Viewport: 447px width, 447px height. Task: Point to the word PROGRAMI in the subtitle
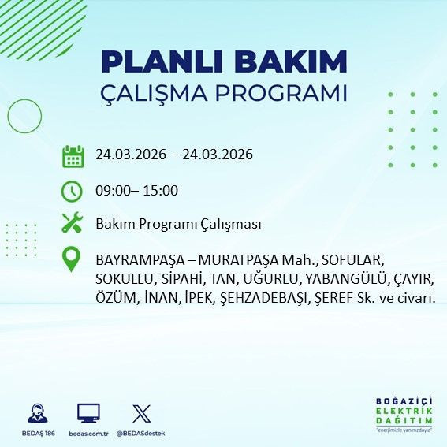click(283, 93)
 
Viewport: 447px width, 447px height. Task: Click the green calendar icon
click(73, 155)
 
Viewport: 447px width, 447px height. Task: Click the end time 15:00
click(161, 190)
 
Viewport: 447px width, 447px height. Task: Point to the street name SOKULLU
click(123, 279)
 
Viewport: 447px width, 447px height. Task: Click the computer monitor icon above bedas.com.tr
click(88, 412)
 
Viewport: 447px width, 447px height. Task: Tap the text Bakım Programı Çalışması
click(178, 225)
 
